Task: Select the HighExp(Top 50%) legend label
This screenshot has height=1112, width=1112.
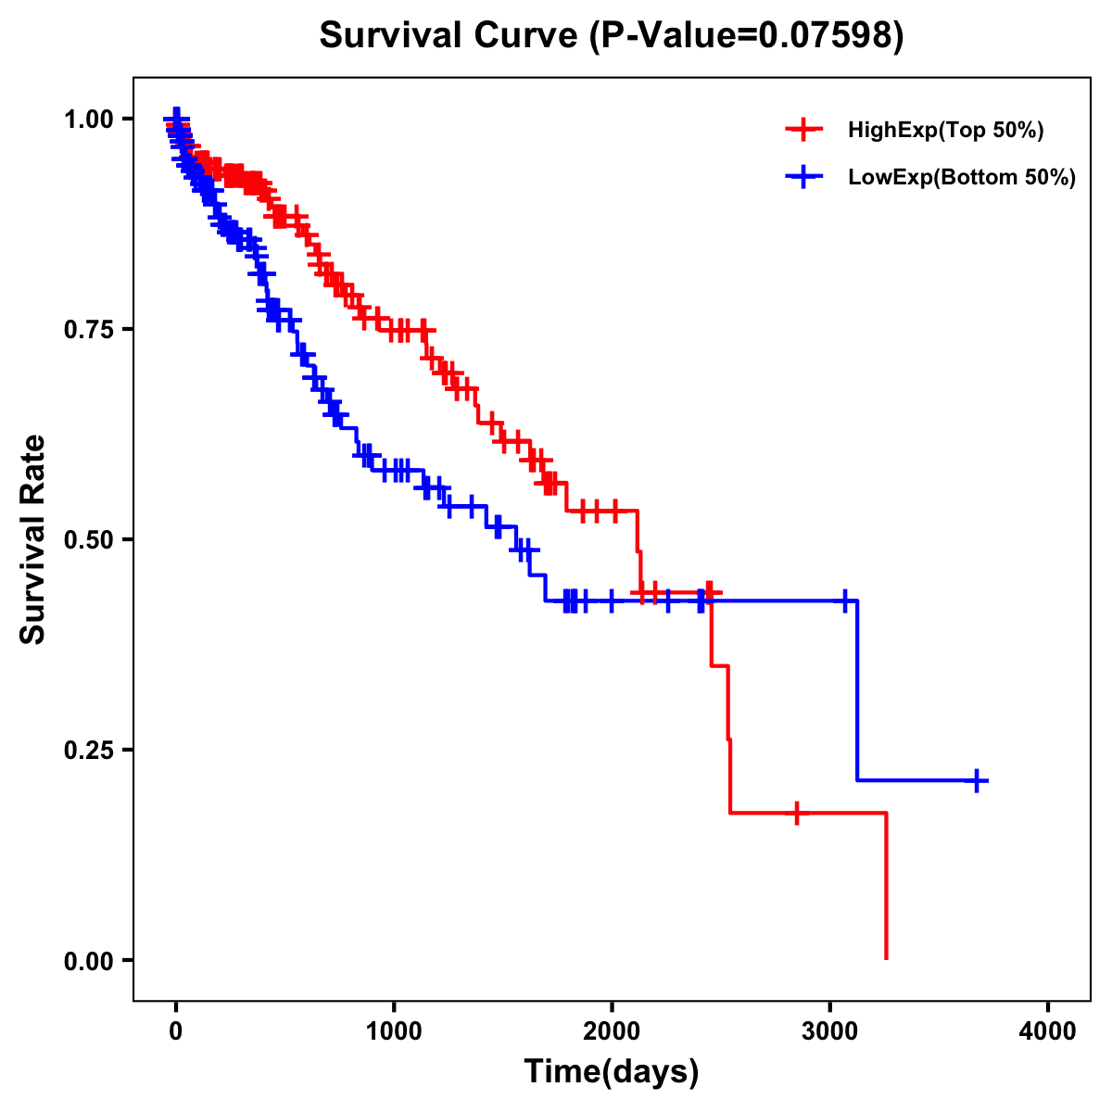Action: coord(946,131)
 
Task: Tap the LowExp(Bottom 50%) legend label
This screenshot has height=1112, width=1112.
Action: coord(962,178)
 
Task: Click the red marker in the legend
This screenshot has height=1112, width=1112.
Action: coord(804,130)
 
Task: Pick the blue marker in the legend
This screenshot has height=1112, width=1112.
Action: coord(804,177)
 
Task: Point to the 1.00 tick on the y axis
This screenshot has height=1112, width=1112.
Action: coord(88,119)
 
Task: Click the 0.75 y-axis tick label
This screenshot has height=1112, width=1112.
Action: coord(88,329)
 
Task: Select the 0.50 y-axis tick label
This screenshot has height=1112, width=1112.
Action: coord(88,539)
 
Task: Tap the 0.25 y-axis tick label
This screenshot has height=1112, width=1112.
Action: coord(88,750)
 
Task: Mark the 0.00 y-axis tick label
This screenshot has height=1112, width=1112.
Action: coord(88,960)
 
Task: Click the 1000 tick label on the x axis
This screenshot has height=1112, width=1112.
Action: coord(394,1031)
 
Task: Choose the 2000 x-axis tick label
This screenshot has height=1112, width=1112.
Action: coord(612,1031)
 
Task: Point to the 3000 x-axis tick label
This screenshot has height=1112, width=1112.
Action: coord(830,1031)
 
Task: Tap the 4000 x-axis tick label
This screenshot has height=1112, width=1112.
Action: coord(1048,1031)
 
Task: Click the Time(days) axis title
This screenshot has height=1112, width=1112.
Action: coord(612,1072)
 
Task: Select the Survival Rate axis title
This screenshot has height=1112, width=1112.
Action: coord(33,539)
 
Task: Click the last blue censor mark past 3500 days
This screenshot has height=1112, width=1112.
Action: coord(976,780)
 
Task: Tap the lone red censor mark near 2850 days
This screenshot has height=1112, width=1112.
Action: coord(796,813)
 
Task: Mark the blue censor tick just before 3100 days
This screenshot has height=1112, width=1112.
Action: coord(844,601)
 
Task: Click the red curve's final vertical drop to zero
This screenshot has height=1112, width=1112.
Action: coord(886,885)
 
